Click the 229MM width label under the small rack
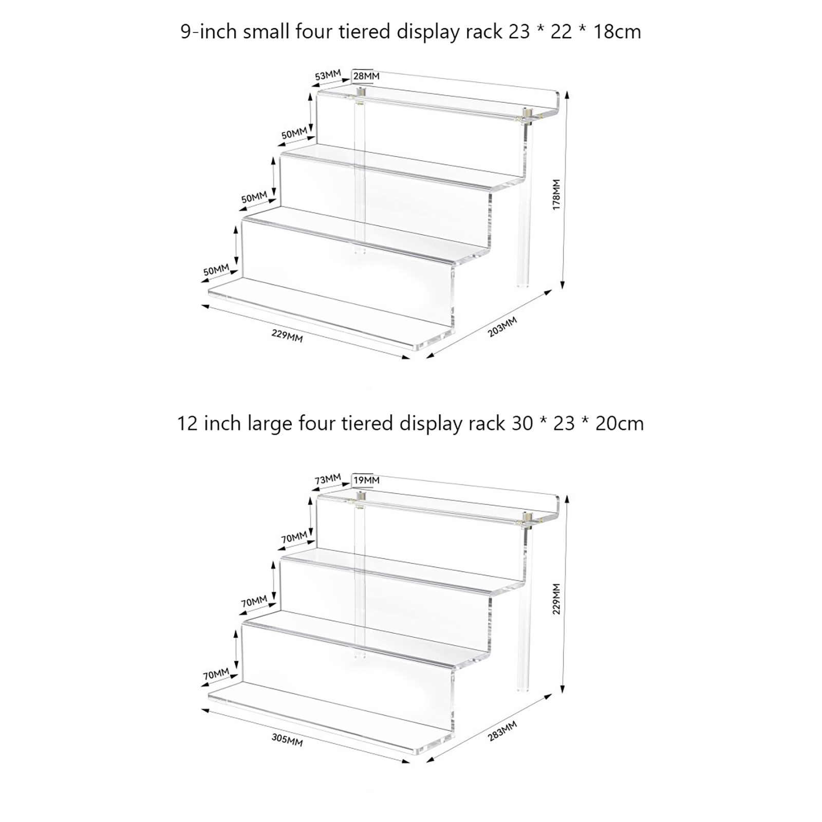point(287,336)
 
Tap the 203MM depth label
point(502,327)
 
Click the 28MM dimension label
point(366,76)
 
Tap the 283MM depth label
point(502,731)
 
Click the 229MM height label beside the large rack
point(556,599)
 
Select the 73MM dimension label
point(328,479)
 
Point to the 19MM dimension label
point(366,480)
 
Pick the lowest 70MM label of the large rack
point(216,674)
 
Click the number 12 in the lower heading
point(188,423)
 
